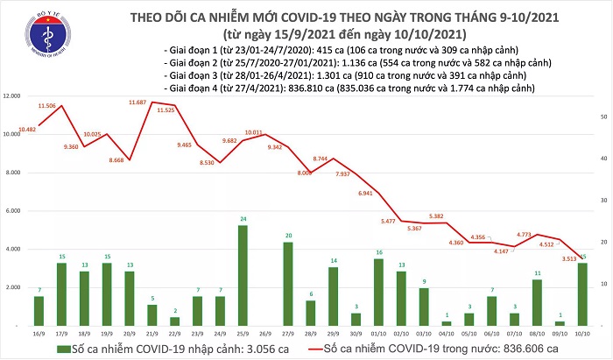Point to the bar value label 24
[243, 218]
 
